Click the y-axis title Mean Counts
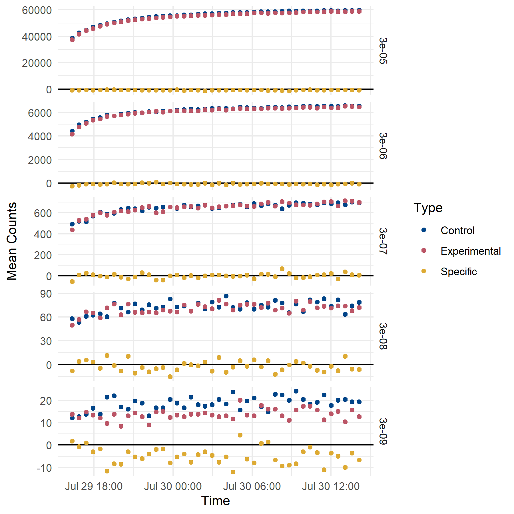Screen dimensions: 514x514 click(x=12, y=241)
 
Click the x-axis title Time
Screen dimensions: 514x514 click(x=215, y=501)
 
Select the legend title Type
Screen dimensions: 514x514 click(x=428, y=208)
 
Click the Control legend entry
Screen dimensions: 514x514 click(x=457, y=230)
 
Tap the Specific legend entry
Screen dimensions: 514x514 click(x=458, y=272)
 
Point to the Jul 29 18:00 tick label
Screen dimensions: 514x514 click(x=94, y=486)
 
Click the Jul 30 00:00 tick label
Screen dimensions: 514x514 click(x=173, y=486)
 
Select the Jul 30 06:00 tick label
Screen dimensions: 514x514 click(x=252, y=486)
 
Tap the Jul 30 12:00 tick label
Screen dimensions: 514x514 click(x=331, y=486)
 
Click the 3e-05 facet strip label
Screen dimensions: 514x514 click(x=383, y=51)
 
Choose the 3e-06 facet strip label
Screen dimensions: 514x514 click(x=383, y=146)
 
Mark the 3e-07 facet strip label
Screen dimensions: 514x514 click(x=383, y=241)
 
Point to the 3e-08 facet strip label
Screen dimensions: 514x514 click(x=383, y=336)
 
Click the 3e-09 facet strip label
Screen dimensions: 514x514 click(x=383, y=431)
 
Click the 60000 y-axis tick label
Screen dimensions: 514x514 click(x=37, y=10)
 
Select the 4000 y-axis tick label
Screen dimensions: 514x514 click(x=40, y=136)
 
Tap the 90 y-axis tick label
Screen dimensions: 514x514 click(x=46, y=294)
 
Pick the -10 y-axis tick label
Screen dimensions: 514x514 click(x=44, y=468)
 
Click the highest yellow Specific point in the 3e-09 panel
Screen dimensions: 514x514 click(x=240, y=435)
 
